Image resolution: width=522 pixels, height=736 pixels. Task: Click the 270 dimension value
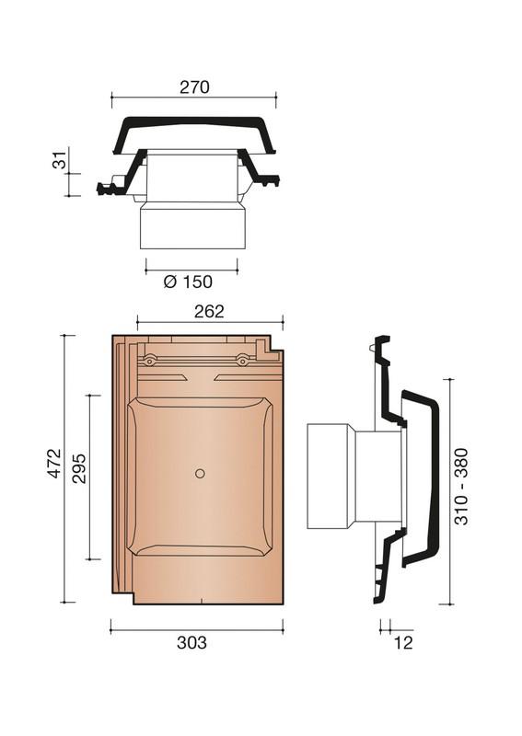[194, 87]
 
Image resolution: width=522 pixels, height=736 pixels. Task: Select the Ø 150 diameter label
[188, 282]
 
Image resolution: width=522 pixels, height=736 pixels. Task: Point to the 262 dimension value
[209, 311]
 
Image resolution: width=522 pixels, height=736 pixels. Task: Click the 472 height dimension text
[54, 464]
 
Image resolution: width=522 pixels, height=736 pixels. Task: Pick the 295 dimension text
[78, 468]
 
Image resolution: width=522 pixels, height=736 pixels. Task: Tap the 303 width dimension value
[191, 642]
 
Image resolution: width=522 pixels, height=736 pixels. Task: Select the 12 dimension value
[403, 642]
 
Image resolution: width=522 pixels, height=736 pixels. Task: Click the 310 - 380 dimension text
[462, 487]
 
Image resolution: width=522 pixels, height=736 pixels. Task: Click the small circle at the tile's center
[200, 474]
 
